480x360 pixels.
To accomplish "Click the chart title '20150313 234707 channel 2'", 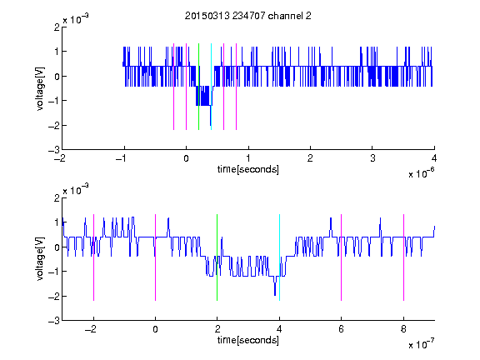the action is coord(248,16).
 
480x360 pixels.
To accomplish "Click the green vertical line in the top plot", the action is coord(198,87).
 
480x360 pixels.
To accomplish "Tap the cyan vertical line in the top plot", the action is coord(211,87).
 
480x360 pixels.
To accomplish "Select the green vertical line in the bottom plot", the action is coord(217,257).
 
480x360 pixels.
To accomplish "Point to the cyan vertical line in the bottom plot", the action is coord(279,257).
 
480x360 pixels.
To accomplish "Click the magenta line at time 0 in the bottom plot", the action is coord(155,257).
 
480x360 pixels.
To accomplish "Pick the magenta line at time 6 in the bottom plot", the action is coord(342,257).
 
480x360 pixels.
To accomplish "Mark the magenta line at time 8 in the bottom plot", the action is coord(404,257).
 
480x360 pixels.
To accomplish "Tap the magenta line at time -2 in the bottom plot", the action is coord(93,257).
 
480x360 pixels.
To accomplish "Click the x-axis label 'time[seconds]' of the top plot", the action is coord(248,169).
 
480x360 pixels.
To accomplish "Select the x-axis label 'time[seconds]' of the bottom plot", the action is coord(248,340).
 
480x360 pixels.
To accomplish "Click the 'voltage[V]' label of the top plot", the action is coord(40,89).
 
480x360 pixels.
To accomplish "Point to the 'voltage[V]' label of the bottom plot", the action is coord(40,259).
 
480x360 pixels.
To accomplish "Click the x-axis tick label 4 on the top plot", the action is coord(434,158).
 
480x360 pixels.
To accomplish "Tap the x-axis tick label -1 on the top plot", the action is coord(122,158).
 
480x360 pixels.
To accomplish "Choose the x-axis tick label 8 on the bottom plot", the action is coord(403,329).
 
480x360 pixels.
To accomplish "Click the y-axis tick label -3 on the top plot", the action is coord(54,150).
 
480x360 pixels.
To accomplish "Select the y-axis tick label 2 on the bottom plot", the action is coord(57,198).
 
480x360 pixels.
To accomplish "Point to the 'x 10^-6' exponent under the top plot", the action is coord(421,173).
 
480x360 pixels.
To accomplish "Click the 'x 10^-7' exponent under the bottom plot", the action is coord(421,344).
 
